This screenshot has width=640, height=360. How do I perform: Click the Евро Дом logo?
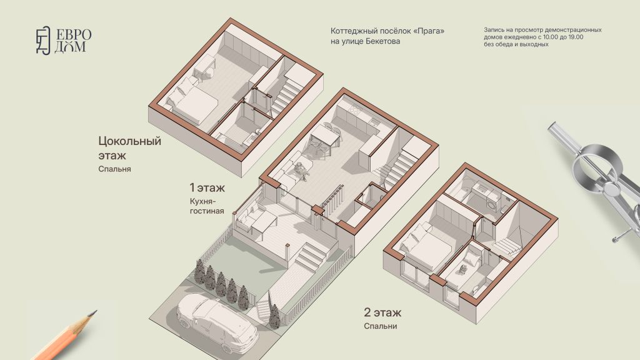pos(64,41)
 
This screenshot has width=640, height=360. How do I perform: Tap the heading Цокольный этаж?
pos(129,147)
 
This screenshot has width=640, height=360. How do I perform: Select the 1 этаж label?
pos(207,187)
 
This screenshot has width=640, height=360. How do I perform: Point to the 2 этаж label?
pos(382,312)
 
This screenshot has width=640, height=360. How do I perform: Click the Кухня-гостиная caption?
pos(206,206)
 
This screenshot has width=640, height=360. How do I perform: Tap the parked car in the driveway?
pos(217,322)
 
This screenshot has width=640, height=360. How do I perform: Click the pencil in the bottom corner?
pos(64,336)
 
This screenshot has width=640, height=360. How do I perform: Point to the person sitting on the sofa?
pos(302,171)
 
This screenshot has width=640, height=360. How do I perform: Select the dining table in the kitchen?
pos(325,136)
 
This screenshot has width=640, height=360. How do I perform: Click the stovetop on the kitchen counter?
pos(354,109)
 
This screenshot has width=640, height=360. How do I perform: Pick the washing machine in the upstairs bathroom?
pos(495,202)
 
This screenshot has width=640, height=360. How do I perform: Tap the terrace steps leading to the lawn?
pos(311,256)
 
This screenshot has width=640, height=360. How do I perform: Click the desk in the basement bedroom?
pos(204,66)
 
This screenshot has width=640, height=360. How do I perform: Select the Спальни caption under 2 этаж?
pos(381,326)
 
